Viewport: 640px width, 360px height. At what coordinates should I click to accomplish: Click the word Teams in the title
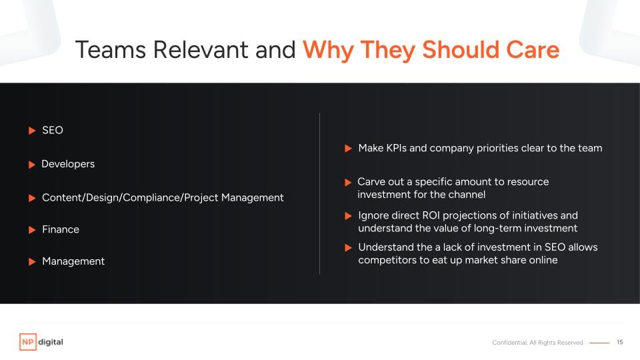point(111,50)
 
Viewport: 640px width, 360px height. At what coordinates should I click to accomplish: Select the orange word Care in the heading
point(533,50)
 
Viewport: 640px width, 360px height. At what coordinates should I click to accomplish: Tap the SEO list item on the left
point(53,130)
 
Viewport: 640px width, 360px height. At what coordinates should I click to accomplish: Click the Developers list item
point(68,164)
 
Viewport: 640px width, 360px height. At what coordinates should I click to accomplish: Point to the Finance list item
point(61,229)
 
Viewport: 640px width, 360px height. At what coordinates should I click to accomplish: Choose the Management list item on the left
point(73,261)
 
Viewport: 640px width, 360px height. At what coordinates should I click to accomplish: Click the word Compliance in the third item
point(152,197)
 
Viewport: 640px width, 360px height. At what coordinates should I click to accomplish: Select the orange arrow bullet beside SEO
point(32,131)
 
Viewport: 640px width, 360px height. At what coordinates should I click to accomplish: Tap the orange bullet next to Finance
point(32,230)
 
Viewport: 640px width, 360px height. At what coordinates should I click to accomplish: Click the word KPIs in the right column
point(396,148)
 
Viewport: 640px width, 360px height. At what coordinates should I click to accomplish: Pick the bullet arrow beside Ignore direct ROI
point(348,216)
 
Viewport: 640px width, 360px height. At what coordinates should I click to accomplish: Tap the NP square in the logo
point(28,342)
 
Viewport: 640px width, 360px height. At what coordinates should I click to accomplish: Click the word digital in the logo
point(51,342)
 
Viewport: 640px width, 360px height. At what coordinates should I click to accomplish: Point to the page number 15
point(619,342)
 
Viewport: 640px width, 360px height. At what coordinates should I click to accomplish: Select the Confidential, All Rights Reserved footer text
point(537,343)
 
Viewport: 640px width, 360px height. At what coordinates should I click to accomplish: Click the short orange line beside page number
point(599,343)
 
